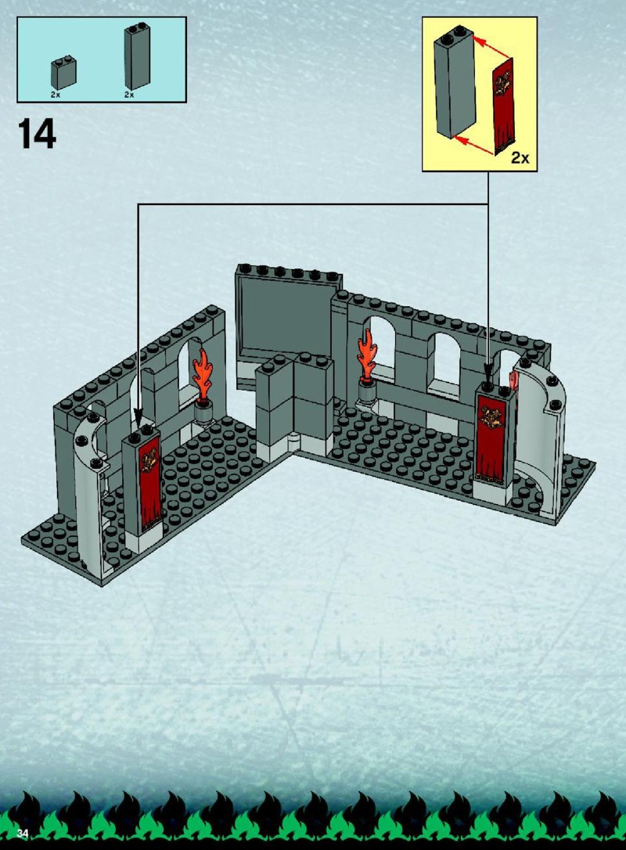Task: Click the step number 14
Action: pyautogui.click(x=37, y=134)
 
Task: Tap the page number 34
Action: pyautogui.click(x=22, y=833)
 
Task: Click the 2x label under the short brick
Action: pyautogui.click(x=56, y=95)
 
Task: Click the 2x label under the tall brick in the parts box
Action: pyautogui.click(x=129, y=95)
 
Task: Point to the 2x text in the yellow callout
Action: pyautogui.click(x=520, y=157)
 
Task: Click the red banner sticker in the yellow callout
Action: pyautogui.click(x=504, y=106)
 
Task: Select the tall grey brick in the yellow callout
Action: pyautogui.click(x=454, y=81)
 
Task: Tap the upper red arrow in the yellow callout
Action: pyautogui.click(x=491, y=47)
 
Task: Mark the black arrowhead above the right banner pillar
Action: pyautogui.click(x=488, y=374)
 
